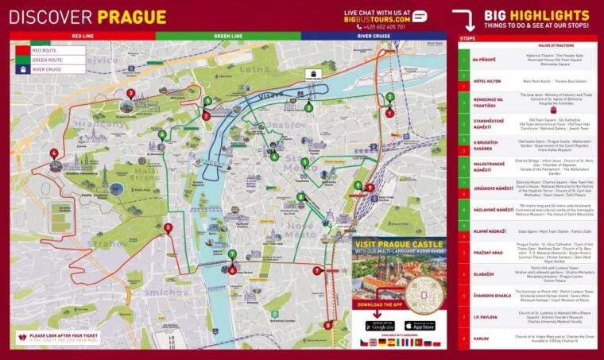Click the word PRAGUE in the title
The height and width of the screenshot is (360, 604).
click(132, 17)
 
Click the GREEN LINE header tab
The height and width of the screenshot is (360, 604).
click(228, 36)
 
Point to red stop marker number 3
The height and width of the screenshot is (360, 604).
click(130, 93)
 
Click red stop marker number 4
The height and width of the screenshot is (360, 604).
click(54, 153)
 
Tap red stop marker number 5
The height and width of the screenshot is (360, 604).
click(167, 227)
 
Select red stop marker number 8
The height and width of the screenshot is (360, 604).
click(328, 324)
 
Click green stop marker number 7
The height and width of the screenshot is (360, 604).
click(232, 254)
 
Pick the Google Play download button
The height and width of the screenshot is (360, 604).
click(381, 326)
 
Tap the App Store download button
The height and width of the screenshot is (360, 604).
click(420, 326)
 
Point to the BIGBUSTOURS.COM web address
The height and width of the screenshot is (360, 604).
click(377, 19)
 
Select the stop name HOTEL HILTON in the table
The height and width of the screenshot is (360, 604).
click(486, 80)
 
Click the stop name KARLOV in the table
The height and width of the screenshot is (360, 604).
click(482, 337)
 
